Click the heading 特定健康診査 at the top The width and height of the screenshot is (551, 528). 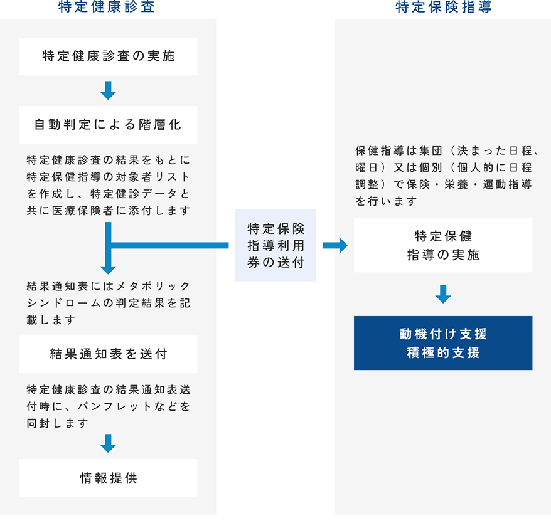107,7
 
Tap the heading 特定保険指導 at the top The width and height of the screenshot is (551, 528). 444,7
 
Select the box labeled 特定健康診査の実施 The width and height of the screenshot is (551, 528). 108,56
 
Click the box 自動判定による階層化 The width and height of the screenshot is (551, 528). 108,125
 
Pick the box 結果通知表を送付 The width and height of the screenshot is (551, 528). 108,354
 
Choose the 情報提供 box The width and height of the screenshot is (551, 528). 108,478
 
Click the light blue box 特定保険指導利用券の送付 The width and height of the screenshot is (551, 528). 275,245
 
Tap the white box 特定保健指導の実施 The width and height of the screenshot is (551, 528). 443,245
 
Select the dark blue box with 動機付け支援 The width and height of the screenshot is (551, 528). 443,343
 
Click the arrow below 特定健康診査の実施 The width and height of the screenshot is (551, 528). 108,90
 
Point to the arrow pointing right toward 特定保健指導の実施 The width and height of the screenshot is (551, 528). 335,245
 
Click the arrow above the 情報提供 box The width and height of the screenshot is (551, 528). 108,443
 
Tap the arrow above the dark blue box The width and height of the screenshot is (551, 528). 443,294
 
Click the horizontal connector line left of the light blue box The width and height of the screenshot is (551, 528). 169,245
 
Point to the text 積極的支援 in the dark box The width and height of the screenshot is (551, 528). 443,352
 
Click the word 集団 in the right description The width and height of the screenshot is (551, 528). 431,151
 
